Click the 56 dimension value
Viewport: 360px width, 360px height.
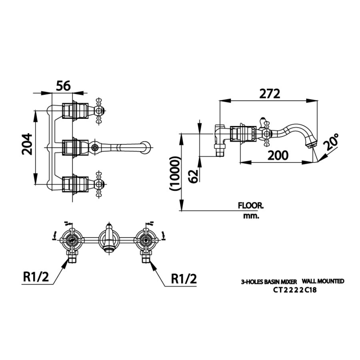(x=63, y=86)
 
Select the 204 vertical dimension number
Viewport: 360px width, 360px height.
(x=27, y=144)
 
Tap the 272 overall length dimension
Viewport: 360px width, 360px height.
(x=270, y=94)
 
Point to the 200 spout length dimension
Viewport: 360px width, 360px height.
(x=278, y=156)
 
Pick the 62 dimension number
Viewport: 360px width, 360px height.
(x=193, y=176)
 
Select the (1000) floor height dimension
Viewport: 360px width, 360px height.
(x=174, y=174)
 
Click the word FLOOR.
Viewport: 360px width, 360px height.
(x=251, y=206)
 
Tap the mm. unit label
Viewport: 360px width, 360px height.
(x=251, y=216)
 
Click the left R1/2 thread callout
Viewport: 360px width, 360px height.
(x=36, y=277)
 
